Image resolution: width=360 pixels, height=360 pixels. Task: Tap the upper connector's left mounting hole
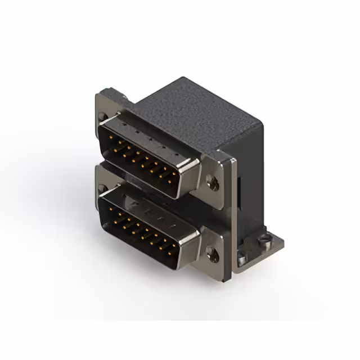coord(102,117)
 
